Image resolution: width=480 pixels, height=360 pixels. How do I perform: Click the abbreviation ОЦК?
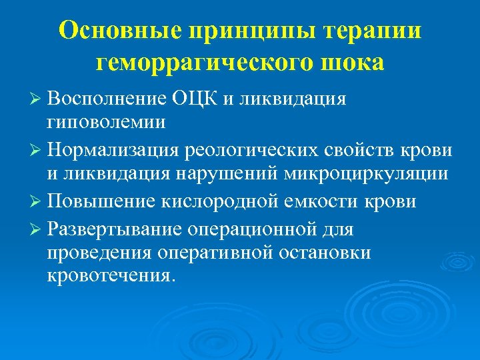click(x=193, y=100)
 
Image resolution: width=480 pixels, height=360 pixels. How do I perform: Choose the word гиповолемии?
click(x=107, y=122)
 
